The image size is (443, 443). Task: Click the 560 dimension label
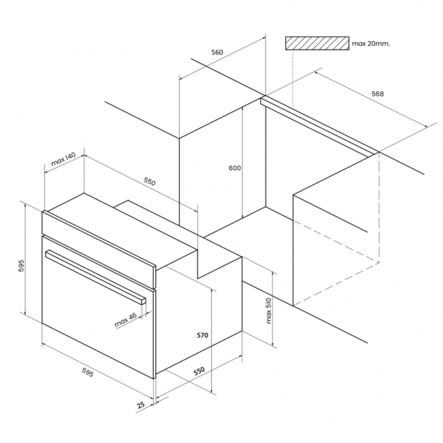(x=217, y=52)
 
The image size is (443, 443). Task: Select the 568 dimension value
(x=378, y=93)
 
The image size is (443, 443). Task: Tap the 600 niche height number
(x=235, y=168)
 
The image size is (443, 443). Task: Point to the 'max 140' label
(x=64, y=159)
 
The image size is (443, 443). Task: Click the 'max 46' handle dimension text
(x=125, y=320)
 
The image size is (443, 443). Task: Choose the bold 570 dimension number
(x=202, y=335)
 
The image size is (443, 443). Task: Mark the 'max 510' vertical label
(x=268, y=311)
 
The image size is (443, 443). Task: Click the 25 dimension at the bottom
(x=140, y=405)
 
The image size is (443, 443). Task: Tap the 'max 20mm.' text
(x=371, y=43)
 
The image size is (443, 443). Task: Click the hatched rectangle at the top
(x=317, y=43)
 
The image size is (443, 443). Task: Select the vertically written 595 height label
(x=22, y=266)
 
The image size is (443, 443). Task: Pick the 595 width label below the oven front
(x=87, y=372)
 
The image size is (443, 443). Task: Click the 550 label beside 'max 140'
(x=149, y=181)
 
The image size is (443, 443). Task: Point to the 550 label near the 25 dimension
(x=199, y=371)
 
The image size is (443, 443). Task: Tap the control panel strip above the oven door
(x=99, y=250)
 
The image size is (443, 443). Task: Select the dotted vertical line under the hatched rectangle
(x=293, y=78)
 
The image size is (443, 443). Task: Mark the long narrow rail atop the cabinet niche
(x=319, y=126)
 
